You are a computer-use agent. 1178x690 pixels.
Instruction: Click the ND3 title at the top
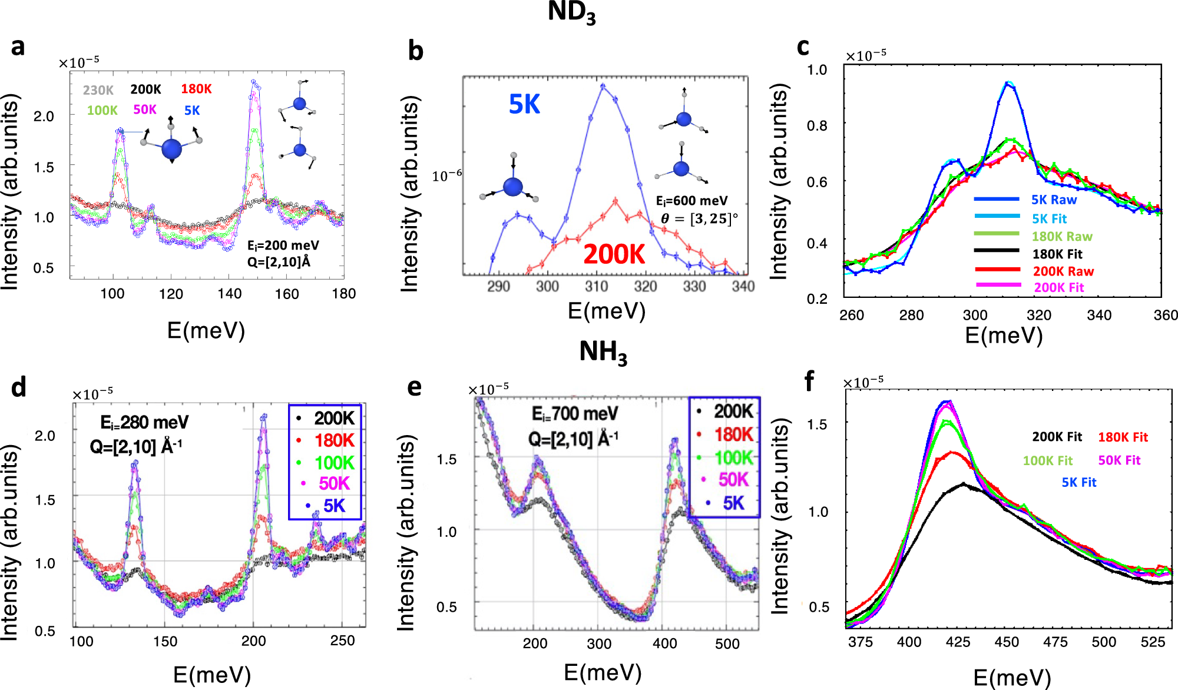click(x=571, y=13)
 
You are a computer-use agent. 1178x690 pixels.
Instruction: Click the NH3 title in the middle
click(x=603, y=353)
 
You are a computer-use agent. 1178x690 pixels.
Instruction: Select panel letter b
click(x=415, y=51)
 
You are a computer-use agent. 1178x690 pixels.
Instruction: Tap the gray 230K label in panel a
click(x=98, y=90)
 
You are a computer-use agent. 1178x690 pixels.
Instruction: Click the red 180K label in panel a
click(x=196, y=89)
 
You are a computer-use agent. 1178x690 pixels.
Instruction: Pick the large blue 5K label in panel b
click(x=524, y=105)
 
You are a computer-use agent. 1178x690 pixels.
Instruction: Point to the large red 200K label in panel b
click(x=614, y=254)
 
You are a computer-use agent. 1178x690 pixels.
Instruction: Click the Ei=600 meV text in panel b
click(x=692, y=201)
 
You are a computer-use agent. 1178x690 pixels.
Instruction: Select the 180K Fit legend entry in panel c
click(x=1057, y=254)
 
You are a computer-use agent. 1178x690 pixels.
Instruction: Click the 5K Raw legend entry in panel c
click(x=1054, y=200)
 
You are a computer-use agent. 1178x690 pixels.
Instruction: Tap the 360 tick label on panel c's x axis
click(x=1165, y=316)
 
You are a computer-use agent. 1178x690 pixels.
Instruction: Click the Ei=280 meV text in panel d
click(x=144, y=423)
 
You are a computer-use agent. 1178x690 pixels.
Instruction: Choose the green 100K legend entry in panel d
click(x=334, y=463)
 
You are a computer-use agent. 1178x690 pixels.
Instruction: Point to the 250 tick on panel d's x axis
click(x=342, y=641)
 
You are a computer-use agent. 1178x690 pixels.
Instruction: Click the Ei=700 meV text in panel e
click(x=575, y=414)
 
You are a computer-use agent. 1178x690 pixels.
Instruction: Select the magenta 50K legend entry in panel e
click(x=733, y=480)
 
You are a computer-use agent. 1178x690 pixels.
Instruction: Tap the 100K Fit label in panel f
click(x=1047, y=460)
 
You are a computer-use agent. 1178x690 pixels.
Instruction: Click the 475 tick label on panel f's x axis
click(x=1055, y=642)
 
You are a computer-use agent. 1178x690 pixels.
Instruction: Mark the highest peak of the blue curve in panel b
click(x=603, y=86)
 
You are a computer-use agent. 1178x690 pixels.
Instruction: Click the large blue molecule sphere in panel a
click(x=171, y=148)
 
